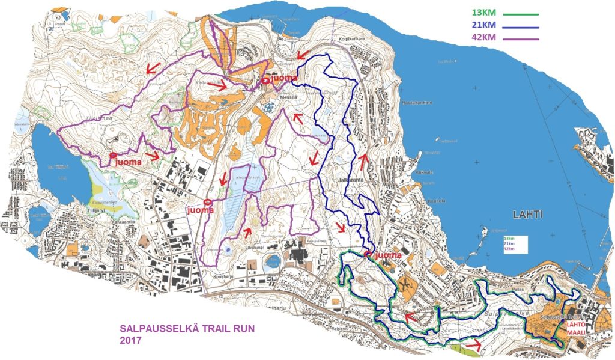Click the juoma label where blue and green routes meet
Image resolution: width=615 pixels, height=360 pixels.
387,255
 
